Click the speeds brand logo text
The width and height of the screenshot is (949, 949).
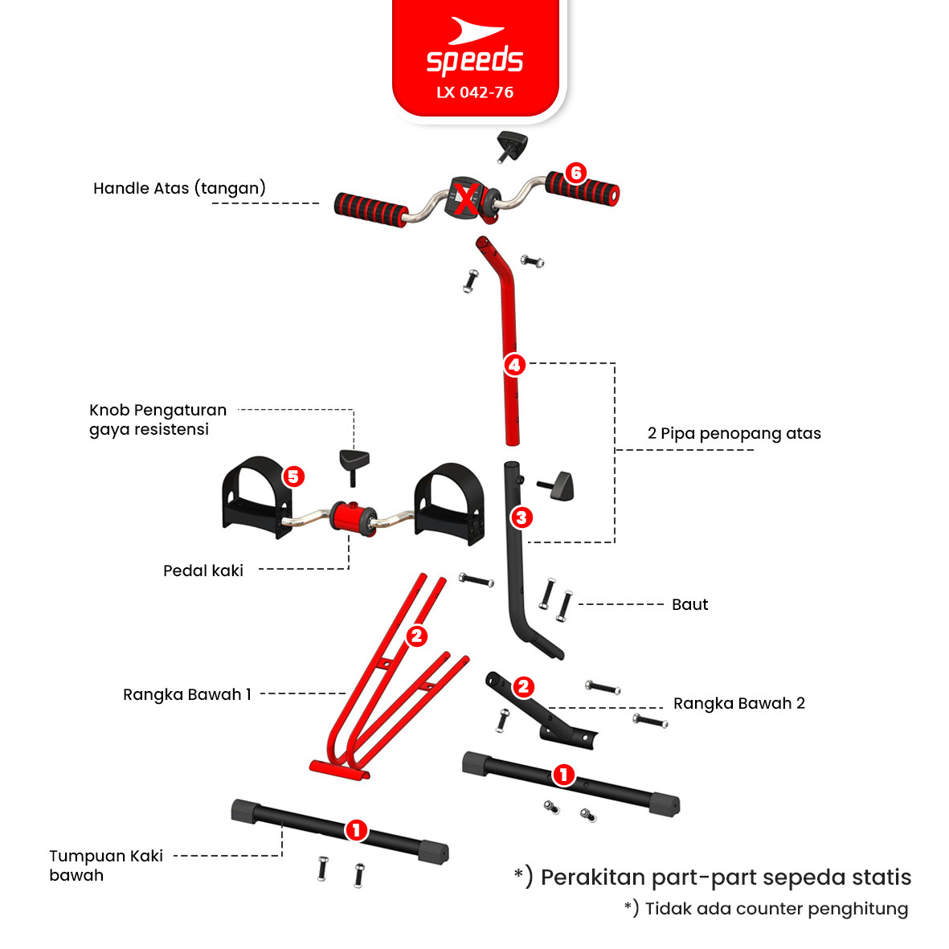[474, 60]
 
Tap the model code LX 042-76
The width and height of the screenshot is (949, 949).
[474, 92]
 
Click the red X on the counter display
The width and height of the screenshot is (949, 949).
[465, 200]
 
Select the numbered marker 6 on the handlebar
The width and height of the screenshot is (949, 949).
[575, 173]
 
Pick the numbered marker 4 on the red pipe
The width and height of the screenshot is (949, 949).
[514, 365]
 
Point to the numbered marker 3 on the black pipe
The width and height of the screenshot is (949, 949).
[521, 517]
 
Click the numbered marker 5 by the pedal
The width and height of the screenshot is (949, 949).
[293, 477]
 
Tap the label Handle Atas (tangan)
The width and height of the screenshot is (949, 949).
[179, 188]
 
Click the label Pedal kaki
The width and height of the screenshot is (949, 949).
[202, 571]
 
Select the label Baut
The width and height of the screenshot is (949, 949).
[690, 604]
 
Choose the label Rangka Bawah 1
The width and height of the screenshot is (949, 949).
[187, 694]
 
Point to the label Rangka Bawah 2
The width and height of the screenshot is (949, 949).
[739, 703]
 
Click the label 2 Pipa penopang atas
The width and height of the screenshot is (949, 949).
[734, 433]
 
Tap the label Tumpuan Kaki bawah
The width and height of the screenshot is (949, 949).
[106, 865]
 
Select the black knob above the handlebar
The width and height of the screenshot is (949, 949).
[511, 146]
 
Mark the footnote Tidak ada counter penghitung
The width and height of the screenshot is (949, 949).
[767, 909]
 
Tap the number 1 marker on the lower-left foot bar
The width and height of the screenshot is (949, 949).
[356, 830]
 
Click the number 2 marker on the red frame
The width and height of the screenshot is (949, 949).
[416, 636]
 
